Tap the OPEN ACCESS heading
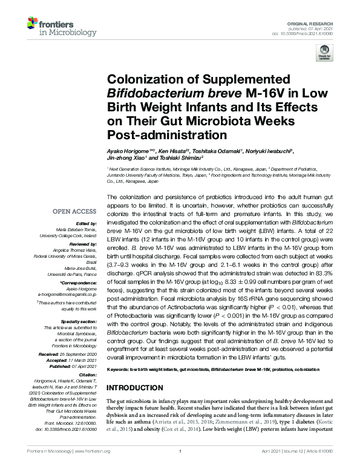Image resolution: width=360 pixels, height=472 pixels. click(x=74, y=212)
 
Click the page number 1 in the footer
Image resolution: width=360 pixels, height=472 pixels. click(x=180, y=451)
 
